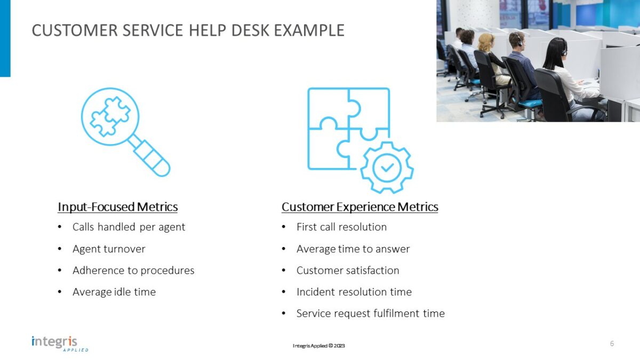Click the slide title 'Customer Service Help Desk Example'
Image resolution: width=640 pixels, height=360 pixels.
[x=188, y=30]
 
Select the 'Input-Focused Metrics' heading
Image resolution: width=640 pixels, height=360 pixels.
[x=117, y=207]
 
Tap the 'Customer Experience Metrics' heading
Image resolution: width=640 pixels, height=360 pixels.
[x=359, y=207]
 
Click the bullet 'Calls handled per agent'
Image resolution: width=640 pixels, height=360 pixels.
[x=129, y=227]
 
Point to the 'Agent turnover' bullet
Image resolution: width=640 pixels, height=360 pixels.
[x=109, y=249]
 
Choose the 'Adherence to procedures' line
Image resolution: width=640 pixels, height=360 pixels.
[x=133, y=270]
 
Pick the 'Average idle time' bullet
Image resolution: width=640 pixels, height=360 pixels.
[x=114, y=292]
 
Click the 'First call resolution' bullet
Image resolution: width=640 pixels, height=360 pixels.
[x=341, y=227]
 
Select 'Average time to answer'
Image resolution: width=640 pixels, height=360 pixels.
[x=353, y=249]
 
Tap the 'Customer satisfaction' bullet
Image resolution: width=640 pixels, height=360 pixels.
[x=348, y=270]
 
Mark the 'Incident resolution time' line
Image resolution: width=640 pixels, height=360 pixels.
[x=354, y=292]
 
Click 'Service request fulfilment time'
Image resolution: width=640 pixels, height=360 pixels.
[x=370, y=314]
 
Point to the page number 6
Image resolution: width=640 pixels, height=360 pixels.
[x=612, y=343]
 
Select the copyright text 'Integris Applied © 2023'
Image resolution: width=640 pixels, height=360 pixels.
[x=318, y=346]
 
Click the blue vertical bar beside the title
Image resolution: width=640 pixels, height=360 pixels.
[x=5, y=38]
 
